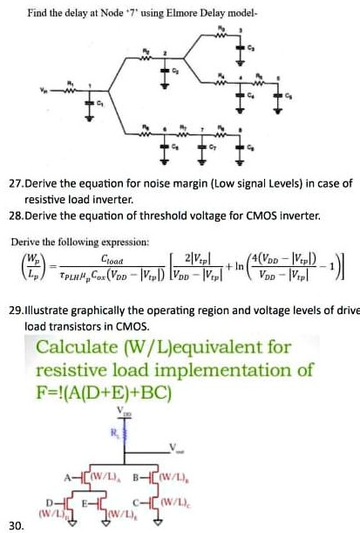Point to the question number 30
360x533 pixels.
14,524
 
